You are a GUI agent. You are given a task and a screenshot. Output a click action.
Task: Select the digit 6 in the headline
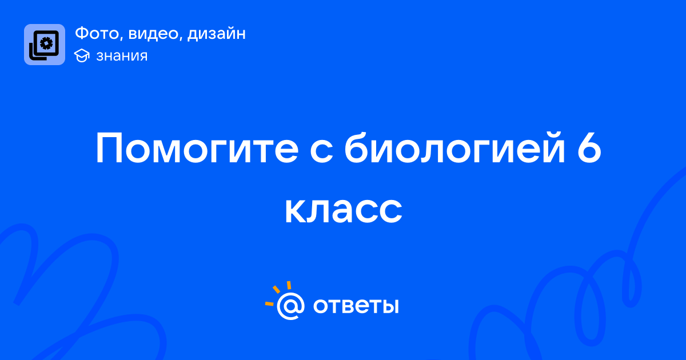coord(589,148)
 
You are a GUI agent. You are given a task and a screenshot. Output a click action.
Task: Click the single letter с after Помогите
coord(321,152)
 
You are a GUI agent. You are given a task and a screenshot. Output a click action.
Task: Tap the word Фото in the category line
coord(97,33)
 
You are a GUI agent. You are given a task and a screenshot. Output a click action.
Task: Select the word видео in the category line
coord(153,33)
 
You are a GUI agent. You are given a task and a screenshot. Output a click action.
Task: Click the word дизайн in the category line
coord(217,34)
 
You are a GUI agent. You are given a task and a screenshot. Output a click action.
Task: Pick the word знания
coord(122,56)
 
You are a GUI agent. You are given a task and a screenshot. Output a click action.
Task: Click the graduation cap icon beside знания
coord(82,56)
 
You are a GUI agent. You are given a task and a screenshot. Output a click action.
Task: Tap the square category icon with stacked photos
coord(45,45)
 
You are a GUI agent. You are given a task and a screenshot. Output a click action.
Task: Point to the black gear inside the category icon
coord(47,43)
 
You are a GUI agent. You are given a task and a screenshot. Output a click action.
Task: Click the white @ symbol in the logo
coord(290,306)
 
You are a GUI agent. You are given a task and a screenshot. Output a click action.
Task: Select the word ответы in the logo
coord(356,306)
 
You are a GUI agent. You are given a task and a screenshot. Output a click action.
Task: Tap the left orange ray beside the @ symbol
coord(269,304)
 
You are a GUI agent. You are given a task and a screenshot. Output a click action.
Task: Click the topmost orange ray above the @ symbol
coord(289,285)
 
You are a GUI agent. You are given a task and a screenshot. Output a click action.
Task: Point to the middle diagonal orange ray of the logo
coord(276,289)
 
